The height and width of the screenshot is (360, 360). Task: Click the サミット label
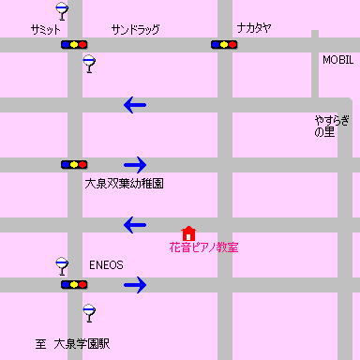tap(45, 30)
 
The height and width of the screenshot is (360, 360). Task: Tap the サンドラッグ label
tap(135, 30)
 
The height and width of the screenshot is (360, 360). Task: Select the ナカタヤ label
tap(254, 29)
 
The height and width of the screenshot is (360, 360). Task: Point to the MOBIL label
tap(337, 59)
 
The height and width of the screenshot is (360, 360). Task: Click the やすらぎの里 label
tap(333, 126)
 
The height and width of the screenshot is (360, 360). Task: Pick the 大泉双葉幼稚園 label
tap(124, 184)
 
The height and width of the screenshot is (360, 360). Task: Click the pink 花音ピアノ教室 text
tap(203, 247)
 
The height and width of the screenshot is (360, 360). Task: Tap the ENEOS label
tap(106, 264)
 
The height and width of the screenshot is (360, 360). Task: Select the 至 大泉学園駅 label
tap(73, 344)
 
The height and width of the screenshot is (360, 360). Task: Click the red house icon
tap(188, 232)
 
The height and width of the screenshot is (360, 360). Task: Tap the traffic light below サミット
tap(74, 44)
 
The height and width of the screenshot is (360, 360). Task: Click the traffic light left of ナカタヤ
tap(224, 44)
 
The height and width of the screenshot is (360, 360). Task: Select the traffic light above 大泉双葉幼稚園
tap(74, 164)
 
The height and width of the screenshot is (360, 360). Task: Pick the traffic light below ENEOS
tap(74, 284)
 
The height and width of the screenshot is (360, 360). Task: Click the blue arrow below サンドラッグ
tap(135, 105)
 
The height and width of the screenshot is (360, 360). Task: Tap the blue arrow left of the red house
tap(135, 225)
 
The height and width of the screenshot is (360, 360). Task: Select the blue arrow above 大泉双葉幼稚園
tap(135, 164)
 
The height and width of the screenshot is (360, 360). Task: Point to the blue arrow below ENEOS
tap(135, 284)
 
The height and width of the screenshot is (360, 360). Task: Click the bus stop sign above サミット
tap(62, 11)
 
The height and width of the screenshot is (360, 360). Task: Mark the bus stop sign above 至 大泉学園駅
tap(89, 312)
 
